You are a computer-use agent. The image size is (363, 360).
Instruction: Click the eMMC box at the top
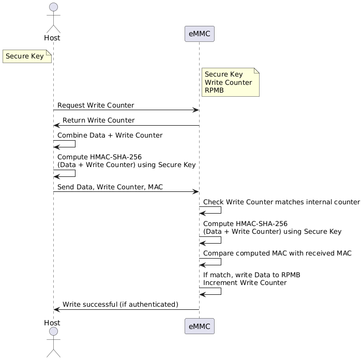(x=199, y=34)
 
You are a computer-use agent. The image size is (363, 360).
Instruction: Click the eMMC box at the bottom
(x=199, y=326)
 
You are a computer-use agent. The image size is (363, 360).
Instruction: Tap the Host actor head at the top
(x=52, y=7)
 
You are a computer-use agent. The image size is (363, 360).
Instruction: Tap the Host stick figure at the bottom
(x=52, y=341)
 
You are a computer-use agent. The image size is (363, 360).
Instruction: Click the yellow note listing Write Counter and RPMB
(x=230, y=83)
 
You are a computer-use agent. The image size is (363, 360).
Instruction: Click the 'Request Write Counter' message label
(x=96, y=105)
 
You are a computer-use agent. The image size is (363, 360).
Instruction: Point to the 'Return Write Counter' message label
(x=98, y=121)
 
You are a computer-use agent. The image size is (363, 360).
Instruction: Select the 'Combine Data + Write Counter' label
(x=110, y=136)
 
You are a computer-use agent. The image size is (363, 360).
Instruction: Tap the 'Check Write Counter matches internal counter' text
(x=281, y=202)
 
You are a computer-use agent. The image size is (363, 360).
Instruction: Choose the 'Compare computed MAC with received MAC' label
(x=277, y=253)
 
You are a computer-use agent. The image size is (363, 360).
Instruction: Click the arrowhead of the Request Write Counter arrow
(x=196, y=110)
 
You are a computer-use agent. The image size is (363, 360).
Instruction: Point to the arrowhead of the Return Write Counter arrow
(x=56, y=125)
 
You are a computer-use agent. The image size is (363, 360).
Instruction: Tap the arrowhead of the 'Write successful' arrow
(x=56, y=309)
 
